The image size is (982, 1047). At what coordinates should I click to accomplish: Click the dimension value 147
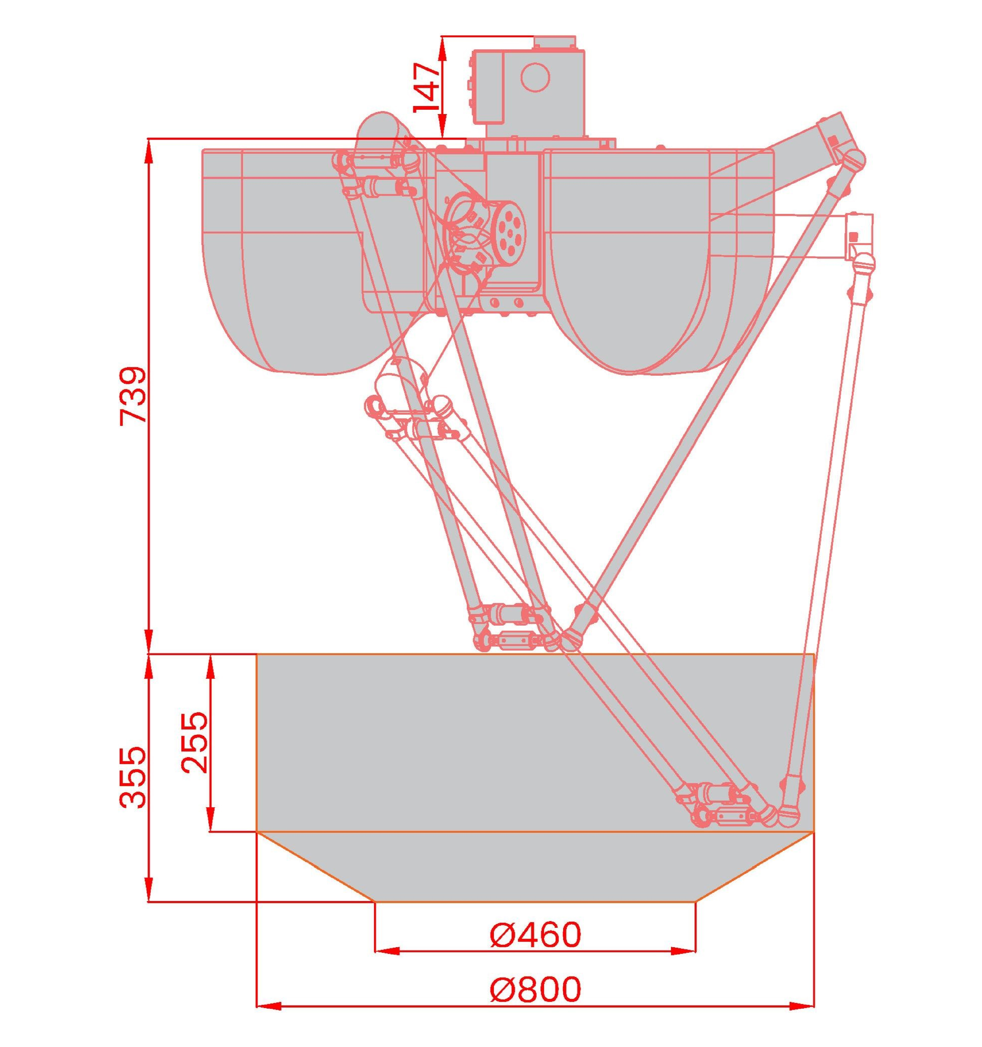pos(427,87)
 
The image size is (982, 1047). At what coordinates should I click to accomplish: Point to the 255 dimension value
pos(195,743)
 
